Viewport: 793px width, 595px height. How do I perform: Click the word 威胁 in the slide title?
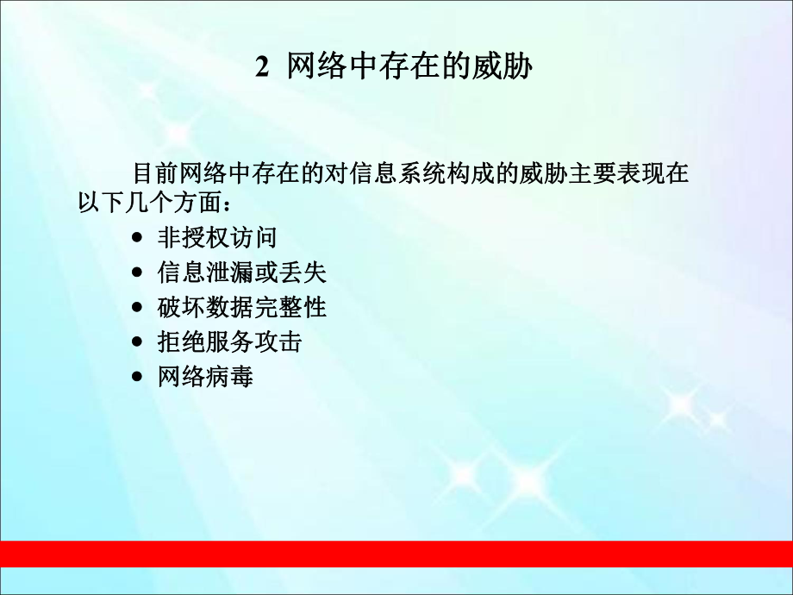tap(503, 67)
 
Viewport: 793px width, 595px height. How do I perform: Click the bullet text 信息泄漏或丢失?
tap(241, 272)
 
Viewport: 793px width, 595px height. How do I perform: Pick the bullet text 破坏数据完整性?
tap(241, 307)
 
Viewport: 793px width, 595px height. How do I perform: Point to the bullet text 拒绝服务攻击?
tap(229, 341)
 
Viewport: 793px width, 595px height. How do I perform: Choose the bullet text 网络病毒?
tap(205, 377)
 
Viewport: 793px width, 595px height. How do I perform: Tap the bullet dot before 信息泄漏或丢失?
tap(138, 273)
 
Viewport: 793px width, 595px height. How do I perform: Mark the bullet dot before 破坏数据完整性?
tap(138, 308)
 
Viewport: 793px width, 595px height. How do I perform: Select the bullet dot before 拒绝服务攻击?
tap(138, 342)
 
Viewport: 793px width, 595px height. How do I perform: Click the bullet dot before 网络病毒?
tap(138, 377)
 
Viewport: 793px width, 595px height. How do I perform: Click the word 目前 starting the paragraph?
tap(155, 172)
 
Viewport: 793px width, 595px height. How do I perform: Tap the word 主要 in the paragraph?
tap(589, 172)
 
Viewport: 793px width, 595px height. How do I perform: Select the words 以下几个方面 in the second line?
tap(148, 204)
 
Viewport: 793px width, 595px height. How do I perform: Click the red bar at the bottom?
tap(396, 553)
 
